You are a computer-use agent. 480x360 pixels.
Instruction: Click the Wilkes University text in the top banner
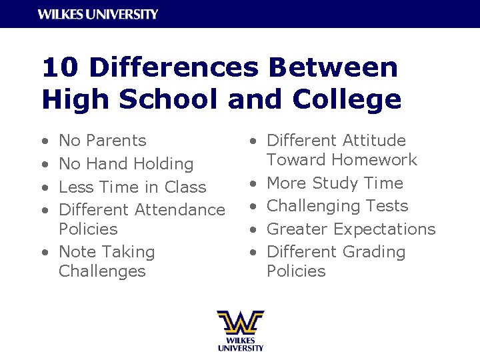(98, 14)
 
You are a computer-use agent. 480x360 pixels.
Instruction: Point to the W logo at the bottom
(240, 323)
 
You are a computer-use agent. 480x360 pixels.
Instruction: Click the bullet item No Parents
(103, 141)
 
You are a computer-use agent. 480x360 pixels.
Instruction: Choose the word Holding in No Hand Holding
(163, 164)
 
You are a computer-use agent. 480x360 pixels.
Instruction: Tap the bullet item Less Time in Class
(132, 187)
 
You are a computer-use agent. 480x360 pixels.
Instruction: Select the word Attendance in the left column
(180, 210)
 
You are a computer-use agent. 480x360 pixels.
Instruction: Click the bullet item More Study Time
(335, 183)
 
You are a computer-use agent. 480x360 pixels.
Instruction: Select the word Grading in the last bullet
(375, 252)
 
